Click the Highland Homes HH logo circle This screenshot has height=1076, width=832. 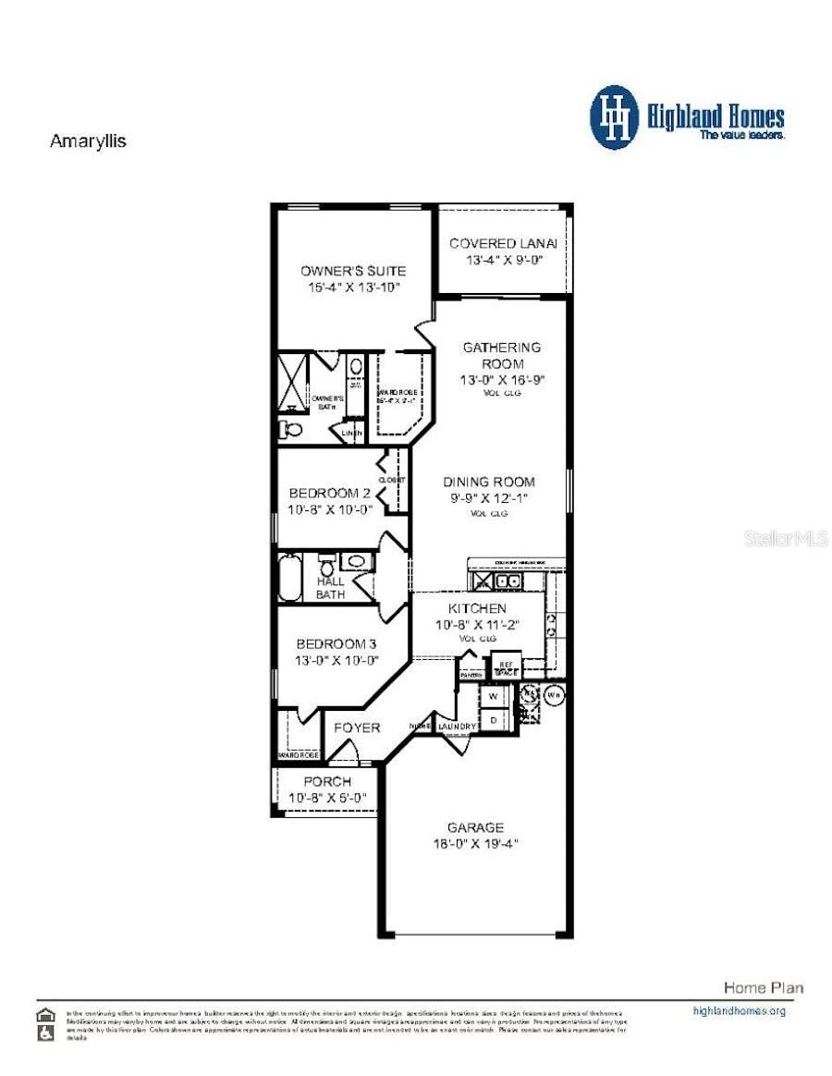pos(615,117)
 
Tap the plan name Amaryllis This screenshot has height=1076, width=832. pos(87,141)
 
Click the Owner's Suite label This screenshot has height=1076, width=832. pos(352,271)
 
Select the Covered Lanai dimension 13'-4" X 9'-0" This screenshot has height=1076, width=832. pos(504,261)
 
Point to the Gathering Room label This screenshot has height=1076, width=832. pos(502,356)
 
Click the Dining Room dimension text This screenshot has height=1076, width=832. pos(489,499)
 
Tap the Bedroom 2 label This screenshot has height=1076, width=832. pos(330,493)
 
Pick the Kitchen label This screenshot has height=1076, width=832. pos(477,608)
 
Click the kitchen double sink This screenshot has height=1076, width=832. pos(506,581)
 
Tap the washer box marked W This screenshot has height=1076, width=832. pos(493,695)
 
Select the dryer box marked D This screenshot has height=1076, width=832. pos(493,718)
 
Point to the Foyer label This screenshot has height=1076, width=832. pos(357,728)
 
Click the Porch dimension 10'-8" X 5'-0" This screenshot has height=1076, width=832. pos(327,797)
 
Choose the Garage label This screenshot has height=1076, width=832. pos(476,827)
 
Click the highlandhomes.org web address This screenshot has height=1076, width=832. pos(739,1010)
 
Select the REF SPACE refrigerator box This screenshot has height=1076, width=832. pos(506,667)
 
